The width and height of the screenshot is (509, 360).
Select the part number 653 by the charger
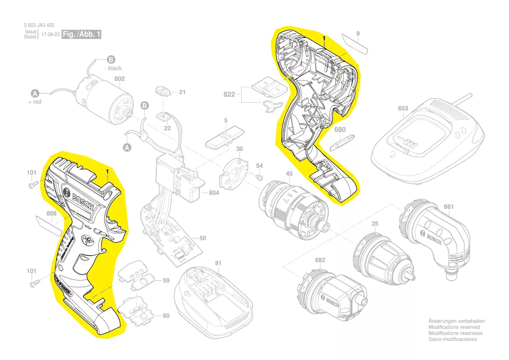point(403,109)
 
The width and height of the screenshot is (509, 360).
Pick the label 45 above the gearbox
point(289,174)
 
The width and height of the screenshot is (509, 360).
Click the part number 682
point(320,260)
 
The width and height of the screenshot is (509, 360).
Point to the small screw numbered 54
point(258,177)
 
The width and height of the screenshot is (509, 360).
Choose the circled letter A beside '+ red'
point(35,93)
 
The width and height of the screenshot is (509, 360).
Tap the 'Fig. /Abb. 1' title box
point(81,34)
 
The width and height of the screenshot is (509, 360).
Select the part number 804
point(214,193)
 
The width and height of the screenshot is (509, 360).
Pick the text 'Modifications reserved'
point(454,327)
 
